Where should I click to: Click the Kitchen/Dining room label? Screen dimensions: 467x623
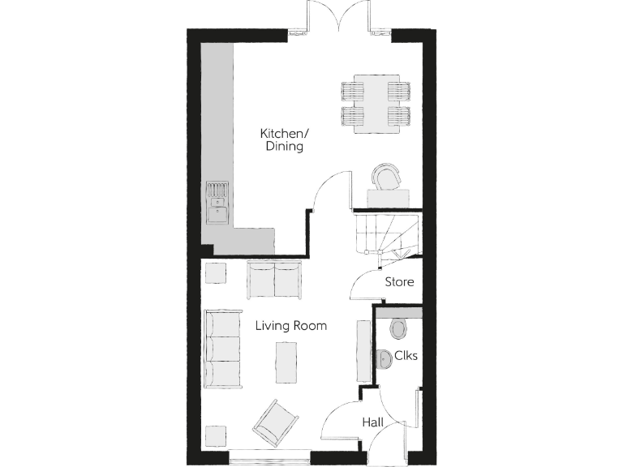[282, 139]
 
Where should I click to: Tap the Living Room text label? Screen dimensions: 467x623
[290, 326]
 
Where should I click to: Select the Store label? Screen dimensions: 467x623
[399, 282]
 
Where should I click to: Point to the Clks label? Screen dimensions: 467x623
[405, 355]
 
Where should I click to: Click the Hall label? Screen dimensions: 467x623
[373, 422]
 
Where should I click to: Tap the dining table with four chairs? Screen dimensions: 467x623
[372, 103]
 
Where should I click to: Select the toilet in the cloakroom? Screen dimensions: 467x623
[397, 328]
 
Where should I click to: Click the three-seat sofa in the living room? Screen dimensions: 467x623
[222, 348]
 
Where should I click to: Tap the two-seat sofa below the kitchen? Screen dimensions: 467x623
[275, 279]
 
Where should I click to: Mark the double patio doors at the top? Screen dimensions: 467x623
[342, 18]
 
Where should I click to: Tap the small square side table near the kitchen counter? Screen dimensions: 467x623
[216, 272]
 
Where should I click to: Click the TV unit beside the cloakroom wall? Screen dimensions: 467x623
[361, 351]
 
